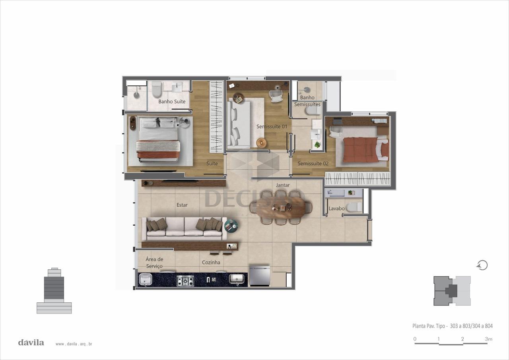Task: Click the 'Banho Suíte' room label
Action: tap(172, 101)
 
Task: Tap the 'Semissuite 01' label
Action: tap(272, 126)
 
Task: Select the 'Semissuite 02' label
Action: tap(313, 163)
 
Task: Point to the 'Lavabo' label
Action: tap(336, 208)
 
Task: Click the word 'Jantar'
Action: tap(283, 185)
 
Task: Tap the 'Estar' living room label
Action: tap(182, 205)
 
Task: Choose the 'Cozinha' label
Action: tap(211, 262)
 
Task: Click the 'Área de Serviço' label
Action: tap(154, 263)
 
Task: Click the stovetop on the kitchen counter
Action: tap(185, 281)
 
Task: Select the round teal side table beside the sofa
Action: tap(231, 225)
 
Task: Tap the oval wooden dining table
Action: tap(281, 208)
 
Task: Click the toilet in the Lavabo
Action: tap(354, 207)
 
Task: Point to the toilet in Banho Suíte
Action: tap(157, 89)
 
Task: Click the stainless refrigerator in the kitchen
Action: tap(260, 275)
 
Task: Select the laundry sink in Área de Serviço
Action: tap(146, 279)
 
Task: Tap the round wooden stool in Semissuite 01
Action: tap(262, 143)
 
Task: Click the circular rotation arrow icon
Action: tap(482, 265)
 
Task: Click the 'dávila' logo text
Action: tap(31, 343)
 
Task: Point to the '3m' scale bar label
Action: tap(489, 339)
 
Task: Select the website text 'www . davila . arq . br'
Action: tap(74, 344)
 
